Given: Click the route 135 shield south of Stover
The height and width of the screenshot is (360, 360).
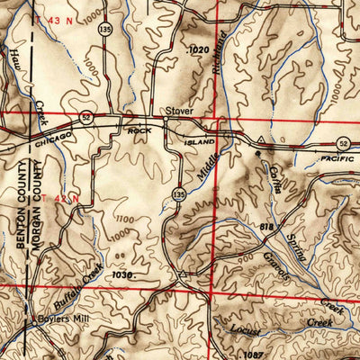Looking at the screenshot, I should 181,193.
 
